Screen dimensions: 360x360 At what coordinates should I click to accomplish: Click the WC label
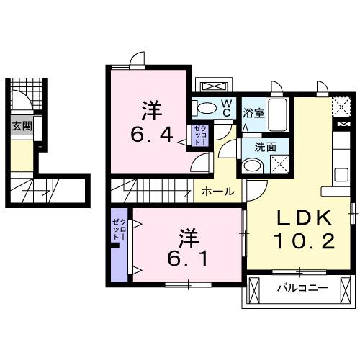[x=225, y=107]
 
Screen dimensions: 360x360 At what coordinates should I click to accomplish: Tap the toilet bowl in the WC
[x=206, y=109]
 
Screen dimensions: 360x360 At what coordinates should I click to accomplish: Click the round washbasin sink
[x=251, y=165]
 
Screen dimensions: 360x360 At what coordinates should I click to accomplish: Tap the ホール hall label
[x=217, y=192]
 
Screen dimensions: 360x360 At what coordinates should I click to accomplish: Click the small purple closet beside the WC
[x=199, y=135]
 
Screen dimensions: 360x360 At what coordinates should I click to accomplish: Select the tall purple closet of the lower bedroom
[x=119, y=245]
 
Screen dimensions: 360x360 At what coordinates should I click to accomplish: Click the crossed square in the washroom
[x=277, y=164]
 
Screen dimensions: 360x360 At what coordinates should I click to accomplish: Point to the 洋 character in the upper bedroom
[x=150, y=110]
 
